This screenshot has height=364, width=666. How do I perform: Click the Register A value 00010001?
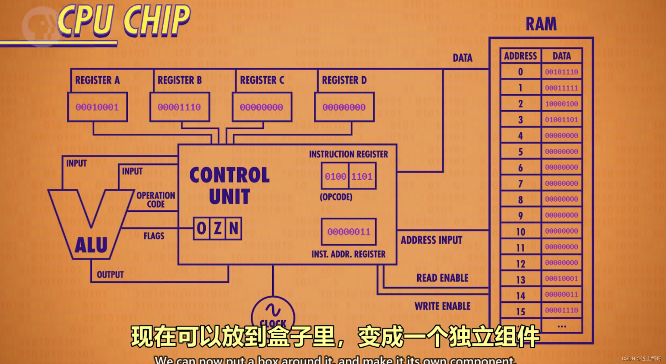point(97,107)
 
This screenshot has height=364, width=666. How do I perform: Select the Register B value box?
point(179,107)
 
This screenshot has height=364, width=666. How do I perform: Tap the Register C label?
point(262,80)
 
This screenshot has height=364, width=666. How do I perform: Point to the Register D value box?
point(344,107)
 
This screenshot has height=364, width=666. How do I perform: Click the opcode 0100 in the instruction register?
point(335,176)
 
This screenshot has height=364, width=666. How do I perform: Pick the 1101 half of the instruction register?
point(362,176)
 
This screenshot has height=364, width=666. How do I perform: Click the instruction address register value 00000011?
point(349,232)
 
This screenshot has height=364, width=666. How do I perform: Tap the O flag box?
point(202,229)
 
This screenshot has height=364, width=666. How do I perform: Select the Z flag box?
point(218,229)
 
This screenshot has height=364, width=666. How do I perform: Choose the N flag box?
point(234,229)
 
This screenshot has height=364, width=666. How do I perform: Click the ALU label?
point(91,245)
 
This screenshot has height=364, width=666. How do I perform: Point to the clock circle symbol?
point(273,312)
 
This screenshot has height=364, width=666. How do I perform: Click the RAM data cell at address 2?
point(561,104)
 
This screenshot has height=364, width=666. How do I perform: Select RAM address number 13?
point(520,280)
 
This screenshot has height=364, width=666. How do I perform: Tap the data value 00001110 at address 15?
point(561,310)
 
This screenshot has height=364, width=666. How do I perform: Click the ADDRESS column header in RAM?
point(520,56)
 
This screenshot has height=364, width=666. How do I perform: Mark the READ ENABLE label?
point(442,278)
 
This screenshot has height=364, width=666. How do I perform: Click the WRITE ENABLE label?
point(442,306)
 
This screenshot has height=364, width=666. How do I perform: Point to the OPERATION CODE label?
point(156,200)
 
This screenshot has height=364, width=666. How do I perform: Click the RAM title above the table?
point(541,24)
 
